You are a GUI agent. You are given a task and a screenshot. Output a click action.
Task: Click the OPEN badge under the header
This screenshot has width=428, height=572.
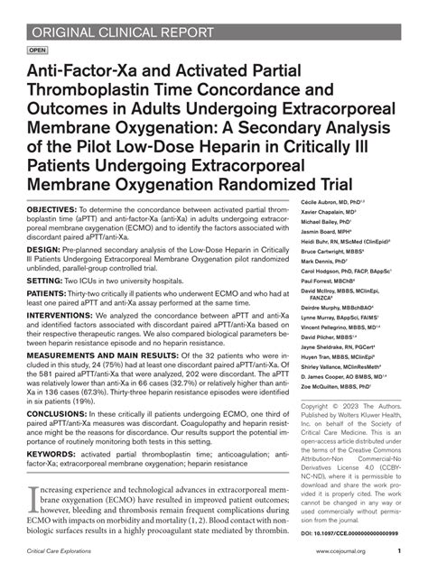click(x=37, y=51)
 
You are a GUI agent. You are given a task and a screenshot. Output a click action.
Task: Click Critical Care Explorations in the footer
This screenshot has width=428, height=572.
click(x=67, y=549)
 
